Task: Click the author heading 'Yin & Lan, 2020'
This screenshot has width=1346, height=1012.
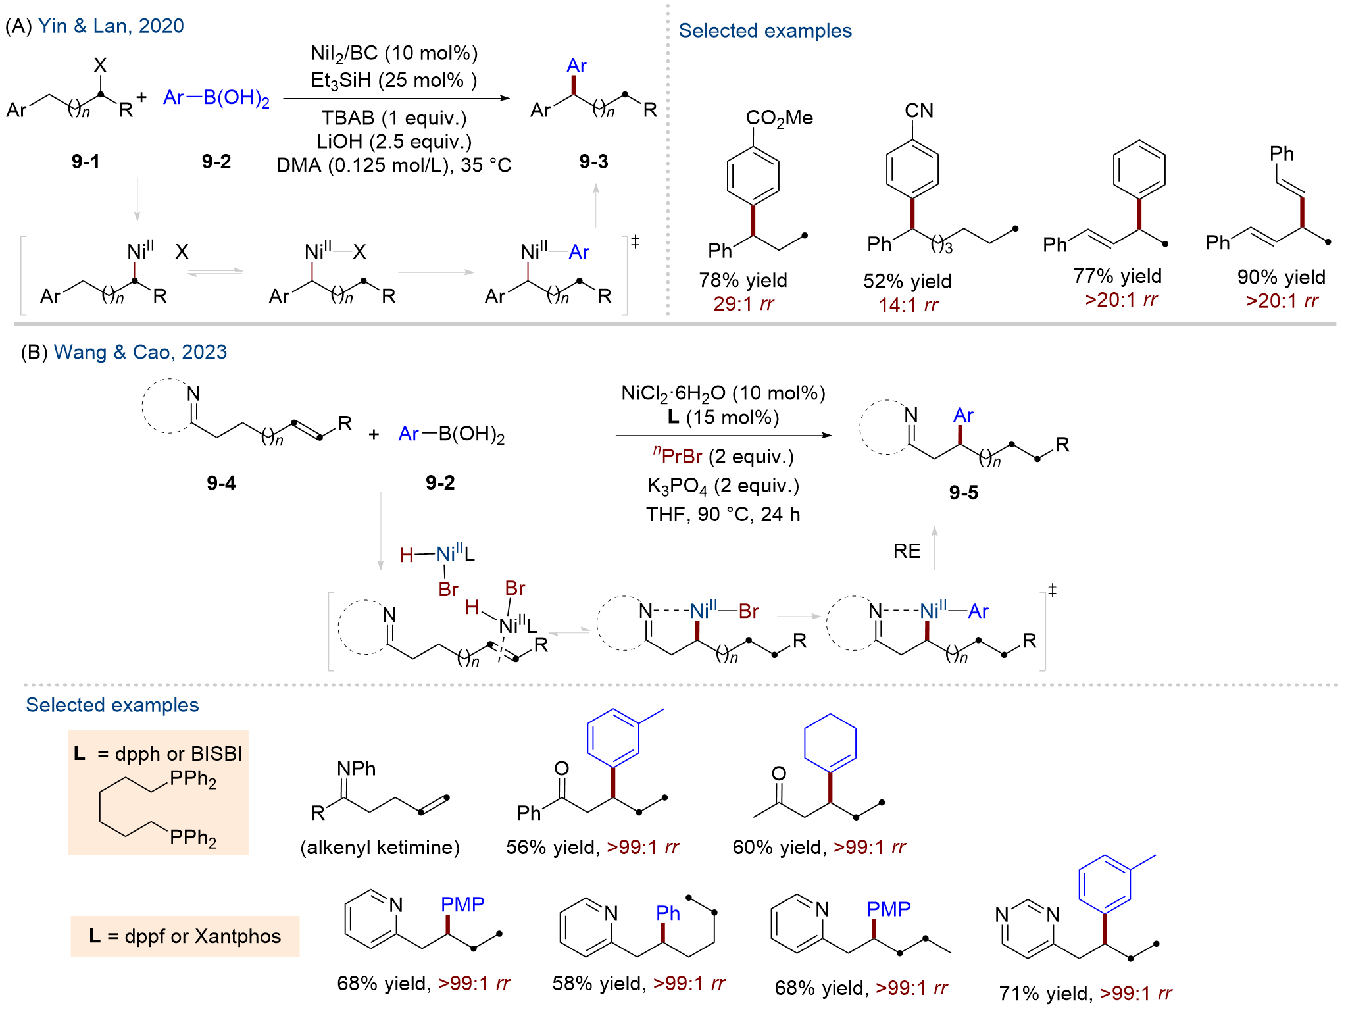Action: coord(111,26)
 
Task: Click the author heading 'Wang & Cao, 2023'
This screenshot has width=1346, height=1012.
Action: coord(140,352)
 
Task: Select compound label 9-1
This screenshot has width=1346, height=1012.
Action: coord(86,161)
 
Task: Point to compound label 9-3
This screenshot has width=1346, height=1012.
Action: coord(593,161)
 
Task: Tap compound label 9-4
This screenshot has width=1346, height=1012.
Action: coord(221,484)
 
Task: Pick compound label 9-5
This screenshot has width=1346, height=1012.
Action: coord(963,493)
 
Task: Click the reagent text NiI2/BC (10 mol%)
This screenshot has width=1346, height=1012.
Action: coord(394,54)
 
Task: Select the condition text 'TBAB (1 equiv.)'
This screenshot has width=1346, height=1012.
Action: coord(394,118)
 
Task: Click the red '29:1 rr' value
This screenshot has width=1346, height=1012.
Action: coord(743,304)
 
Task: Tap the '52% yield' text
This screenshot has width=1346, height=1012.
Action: coord(907,282)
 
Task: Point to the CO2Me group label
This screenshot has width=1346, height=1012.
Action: coord(779,118)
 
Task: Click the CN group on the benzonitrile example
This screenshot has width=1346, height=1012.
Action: coord(919,111)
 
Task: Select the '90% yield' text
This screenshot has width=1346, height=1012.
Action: coord(1281,277)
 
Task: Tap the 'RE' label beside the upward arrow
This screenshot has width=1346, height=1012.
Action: coord(907,551)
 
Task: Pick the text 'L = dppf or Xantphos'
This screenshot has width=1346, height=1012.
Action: coord(185,936)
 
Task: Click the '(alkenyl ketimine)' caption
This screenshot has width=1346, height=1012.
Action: coord(380,847)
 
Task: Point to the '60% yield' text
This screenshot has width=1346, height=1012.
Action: coord(777,847)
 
